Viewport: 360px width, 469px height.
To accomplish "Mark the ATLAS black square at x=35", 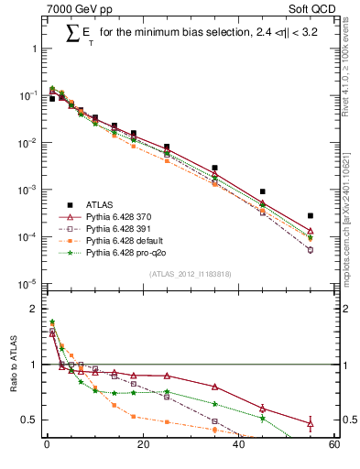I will [214, 168].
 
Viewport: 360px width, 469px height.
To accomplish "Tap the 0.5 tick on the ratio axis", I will [30, 420].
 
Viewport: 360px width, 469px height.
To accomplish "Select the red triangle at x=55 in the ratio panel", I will [310, 423].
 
